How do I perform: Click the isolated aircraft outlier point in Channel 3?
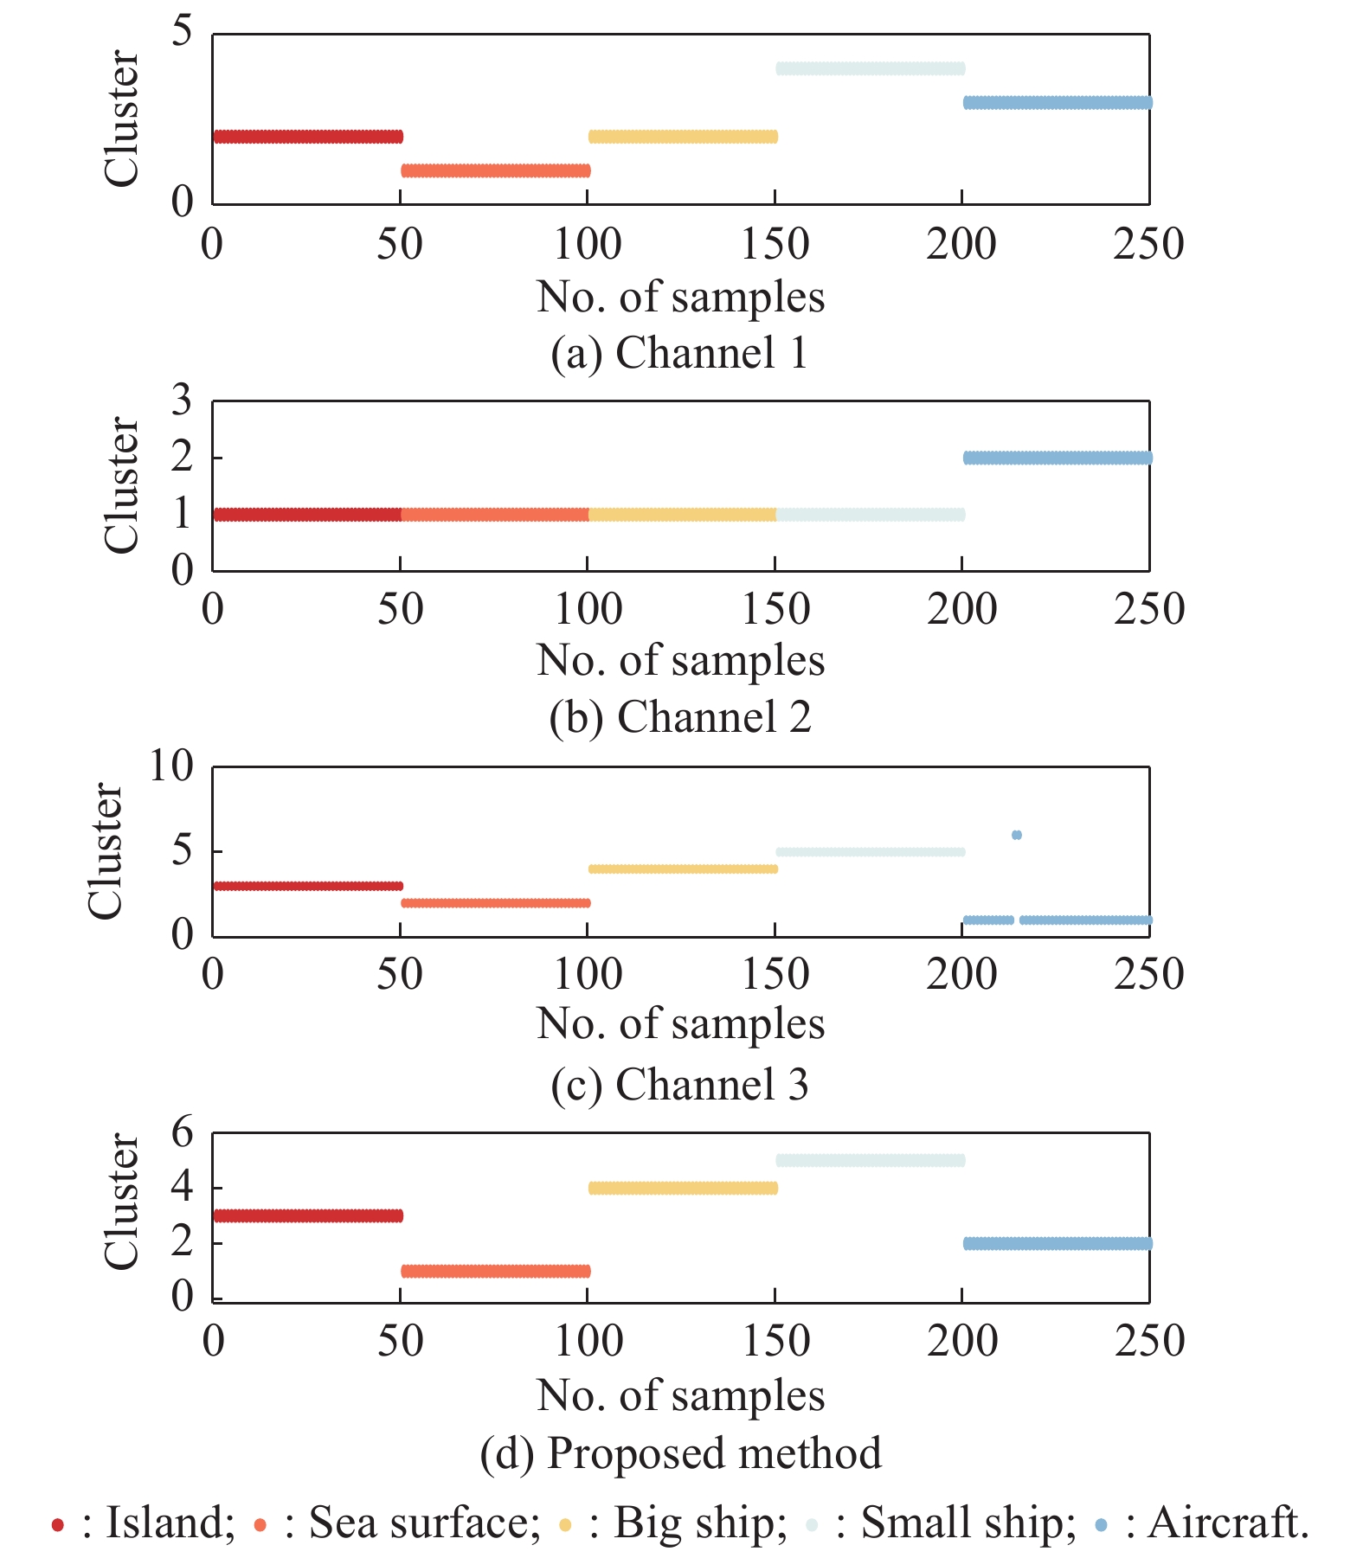pyautogui.click(x=1016, y=835)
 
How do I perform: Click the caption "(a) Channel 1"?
pyautogui.click(x=679, y=353)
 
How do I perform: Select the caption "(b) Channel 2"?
pyautogui.click(x=680, y=717)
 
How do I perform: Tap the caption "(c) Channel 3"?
pyautogui.click(x=679, y=1084)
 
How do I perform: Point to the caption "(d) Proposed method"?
pyautogui.click(x=680, y=1452)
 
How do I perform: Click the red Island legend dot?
pyautogui.click(x=58, y=1525)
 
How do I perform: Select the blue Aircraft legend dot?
pyautogui.click(x=1101, y=1525)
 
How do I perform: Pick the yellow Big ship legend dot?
pyautogui.click(x=565, y=1525)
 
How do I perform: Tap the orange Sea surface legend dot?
pyautogui.click(x=260, y=1525)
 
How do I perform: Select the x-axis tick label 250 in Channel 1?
pyautogui.click(x=1148, y=244)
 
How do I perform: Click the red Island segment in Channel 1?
pyautogui.click(x=307, y=137)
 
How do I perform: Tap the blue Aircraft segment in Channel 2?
pyautogui.click(x=1057, y=458)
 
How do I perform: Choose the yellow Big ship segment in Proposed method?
pyautogui.click(x=683, y=1188)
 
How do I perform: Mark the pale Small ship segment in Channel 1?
pyautogui.click(x=870, y=68)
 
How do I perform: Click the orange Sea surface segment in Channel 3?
pyautogui.click(x=495, y=903)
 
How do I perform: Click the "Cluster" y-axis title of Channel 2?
pyautogui.click(x=120, y=484)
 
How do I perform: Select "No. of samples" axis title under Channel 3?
pyautogui.click(x=680, y=1023)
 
